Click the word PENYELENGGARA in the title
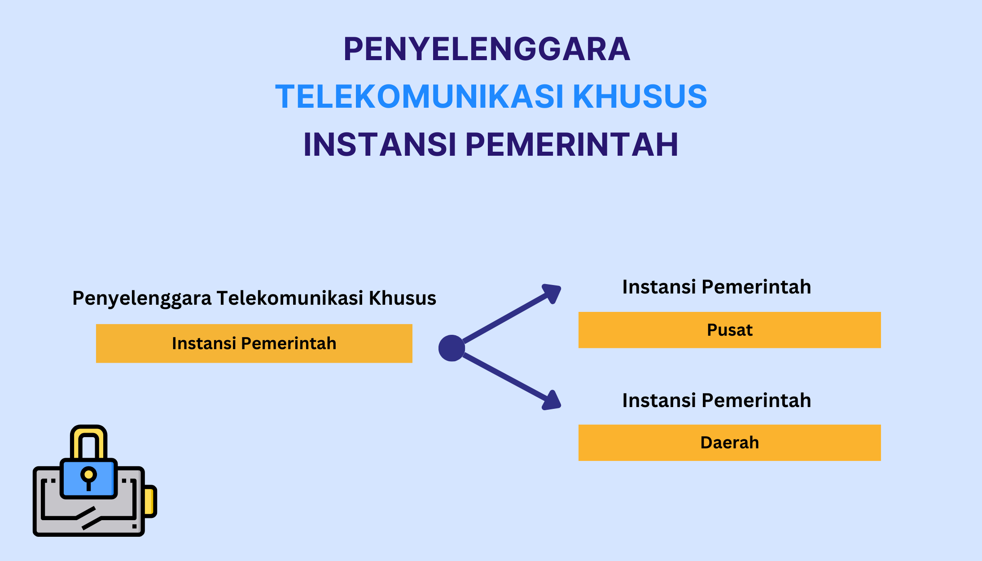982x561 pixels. point(487,49)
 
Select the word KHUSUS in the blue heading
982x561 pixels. point(640,96)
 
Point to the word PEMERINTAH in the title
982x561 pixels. point(572,145)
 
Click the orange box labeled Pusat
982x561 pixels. point(729,330)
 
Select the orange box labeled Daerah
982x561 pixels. point(729,443)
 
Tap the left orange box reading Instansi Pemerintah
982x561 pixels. point(254,343)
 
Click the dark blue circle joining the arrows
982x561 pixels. point(452,348)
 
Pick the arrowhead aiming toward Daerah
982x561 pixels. point(552,400)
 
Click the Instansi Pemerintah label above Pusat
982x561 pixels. point(717,287)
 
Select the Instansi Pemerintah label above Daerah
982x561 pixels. point(717,400)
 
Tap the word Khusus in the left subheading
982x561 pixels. point(403,298)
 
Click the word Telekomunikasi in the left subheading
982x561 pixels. point(290,298)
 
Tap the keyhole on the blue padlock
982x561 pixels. point(88,478)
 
